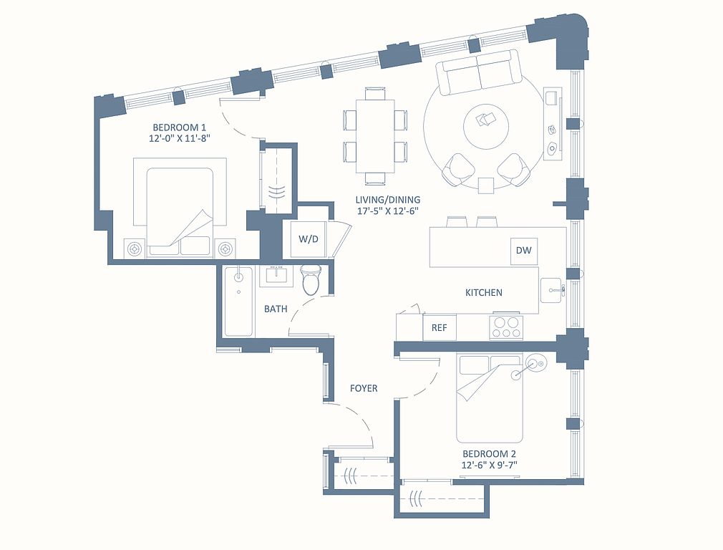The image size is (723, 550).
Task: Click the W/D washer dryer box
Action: click(x=309, y=239)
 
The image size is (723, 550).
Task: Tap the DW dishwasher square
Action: click(x=524, y=251)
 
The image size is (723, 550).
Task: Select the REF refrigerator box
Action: click(x=440, y=327)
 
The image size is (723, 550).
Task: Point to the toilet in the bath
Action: click(x=311, y=279)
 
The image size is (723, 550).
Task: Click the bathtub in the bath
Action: click(x=238, y=301)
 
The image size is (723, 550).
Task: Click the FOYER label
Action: click(x=364, y=388)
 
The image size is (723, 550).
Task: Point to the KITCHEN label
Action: click(x=484, y=292)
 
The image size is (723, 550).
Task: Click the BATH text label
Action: click(x=276, y=309)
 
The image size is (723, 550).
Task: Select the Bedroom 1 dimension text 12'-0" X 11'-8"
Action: click(x=180, y=138)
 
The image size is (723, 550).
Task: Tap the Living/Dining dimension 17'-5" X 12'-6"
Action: click(x=388, y=211)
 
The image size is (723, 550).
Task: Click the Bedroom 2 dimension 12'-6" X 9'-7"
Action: click(x=489, y=465)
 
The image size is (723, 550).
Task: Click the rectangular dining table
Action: click(x=375, y=136)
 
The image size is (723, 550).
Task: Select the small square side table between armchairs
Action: click(x=486, y=185)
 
